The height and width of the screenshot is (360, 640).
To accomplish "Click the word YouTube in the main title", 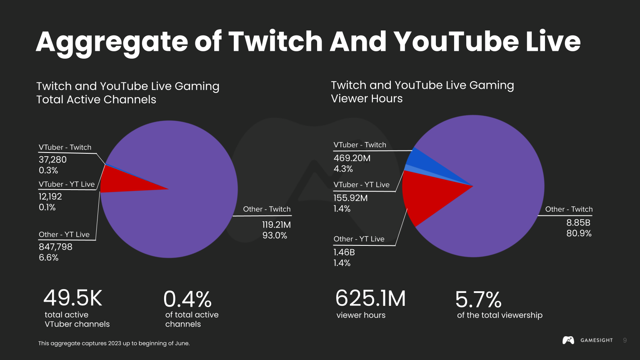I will [455, 42].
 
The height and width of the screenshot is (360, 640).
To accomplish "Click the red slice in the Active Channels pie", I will [121, 182].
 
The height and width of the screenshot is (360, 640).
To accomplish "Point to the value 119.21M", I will [276, 225].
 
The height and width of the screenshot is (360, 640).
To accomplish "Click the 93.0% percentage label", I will [275, 235].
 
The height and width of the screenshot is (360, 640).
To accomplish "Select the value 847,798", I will [55, 247].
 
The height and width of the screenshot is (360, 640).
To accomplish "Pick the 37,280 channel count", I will [52, 160].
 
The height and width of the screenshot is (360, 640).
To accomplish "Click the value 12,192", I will [50, 196].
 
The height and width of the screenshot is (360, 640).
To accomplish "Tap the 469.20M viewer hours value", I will [352, 158].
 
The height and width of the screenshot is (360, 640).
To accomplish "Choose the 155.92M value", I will [350, 198].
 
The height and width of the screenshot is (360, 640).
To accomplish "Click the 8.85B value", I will [578, 222].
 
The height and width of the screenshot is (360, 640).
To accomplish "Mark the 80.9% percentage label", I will [579, 233].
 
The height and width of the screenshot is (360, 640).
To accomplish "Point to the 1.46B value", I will [344, 252].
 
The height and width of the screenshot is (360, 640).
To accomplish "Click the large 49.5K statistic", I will [72, 298].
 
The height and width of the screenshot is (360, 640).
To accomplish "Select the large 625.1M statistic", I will [370, 299].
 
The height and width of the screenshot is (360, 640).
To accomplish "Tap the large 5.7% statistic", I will [478, 300].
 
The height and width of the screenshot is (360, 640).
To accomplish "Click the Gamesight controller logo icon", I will [568, 340].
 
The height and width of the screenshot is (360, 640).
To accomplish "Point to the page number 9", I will [625, 340].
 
